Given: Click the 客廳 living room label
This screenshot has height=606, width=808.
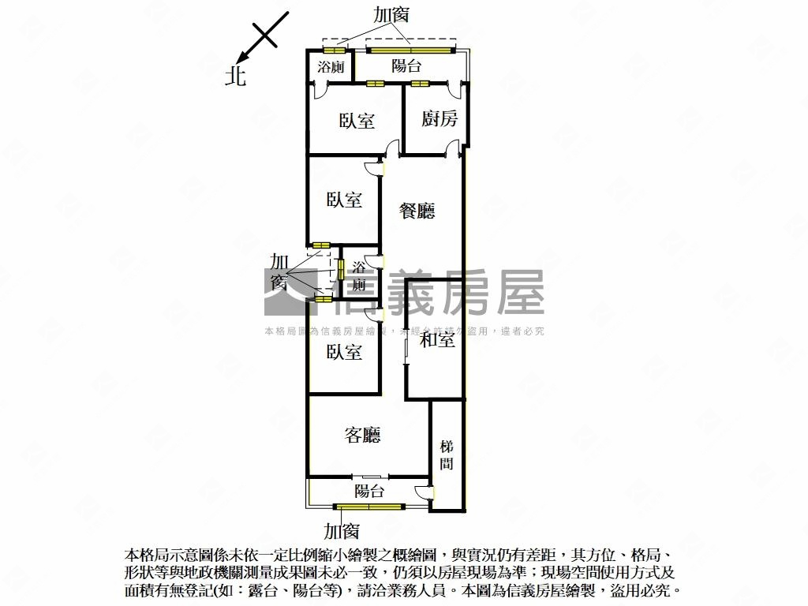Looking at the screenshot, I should pyautogui.click(x=363, y=435).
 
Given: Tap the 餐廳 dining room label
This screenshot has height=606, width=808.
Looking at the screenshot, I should pyautogui.click(x=417, y=211).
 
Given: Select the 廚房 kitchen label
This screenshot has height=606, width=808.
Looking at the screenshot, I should pyautogui.click(x=439, y=119).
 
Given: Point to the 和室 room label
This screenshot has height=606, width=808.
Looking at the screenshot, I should pyautogui.click(x=436, y=340).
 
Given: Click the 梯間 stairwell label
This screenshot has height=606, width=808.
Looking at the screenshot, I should pyautogui.click(x=447, y=456).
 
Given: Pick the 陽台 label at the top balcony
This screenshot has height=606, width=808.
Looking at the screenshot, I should pyautogui.click(x=406, y=66).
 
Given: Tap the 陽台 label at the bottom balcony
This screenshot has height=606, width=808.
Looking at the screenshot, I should pyautogui.click(x=368, y=492).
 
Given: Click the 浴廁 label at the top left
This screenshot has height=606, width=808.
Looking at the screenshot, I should pyautogui.click(x=330, y=67).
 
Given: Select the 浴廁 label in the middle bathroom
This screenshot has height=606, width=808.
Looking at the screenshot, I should pyautogui.click(x=359, y=276).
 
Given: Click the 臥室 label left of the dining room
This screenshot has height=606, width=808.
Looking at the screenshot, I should pyautogui.click(x=344, y=200).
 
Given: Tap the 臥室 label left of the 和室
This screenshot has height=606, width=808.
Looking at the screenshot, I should pyautogui.click(x=344, y=352).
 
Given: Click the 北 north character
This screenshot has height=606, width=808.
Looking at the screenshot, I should pyautogui.click(x=235, y=76).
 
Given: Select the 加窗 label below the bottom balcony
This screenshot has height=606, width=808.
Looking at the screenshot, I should pyautogui.click(x=342, y=531).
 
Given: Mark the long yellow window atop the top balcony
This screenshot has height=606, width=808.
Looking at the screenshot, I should pyautogui.click(x=410, y=50).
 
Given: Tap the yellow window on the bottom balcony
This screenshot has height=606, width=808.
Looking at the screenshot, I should pyautogui.click(x=370, y=507).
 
